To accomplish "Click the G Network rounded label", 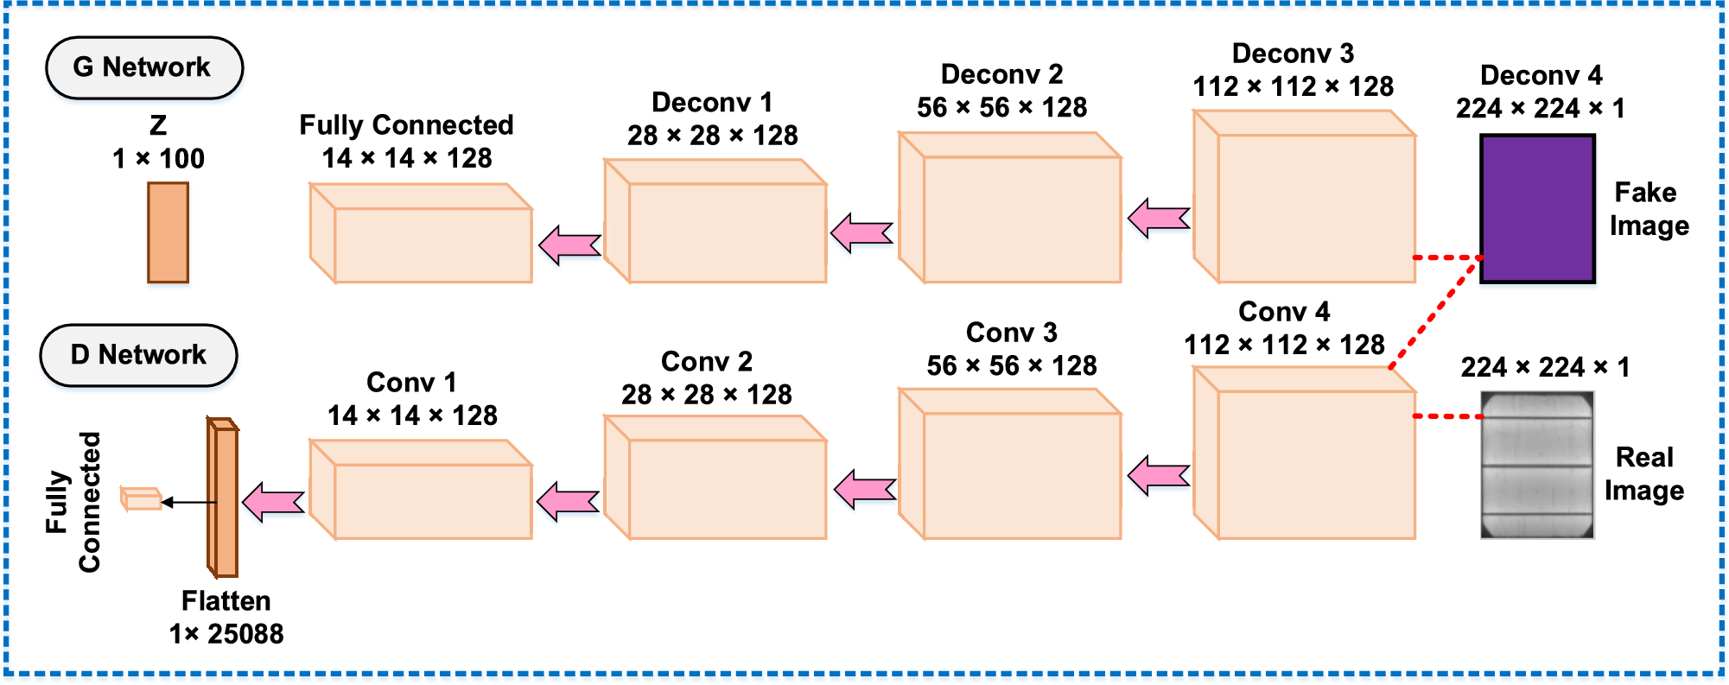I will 143,67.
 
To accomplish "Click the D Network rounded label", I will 138,355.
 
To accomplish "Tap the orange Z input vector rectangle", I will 168,232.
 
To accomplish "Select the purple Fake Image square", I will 1537,208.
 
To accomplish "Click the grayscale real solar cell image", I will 1536,465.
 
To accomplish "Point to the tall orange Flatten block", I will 224,499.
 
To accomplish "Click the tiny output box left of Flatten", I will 141,499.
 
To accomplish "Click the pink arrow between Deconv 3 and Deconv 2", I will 1159,218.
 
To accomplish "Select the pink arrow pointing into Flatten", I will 273,502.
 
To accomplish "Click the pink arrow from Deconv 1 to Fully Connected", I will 569,244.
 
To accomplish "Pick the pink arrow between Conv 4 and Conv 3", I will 1159,475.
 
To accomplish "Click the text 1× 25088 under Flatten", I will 226,634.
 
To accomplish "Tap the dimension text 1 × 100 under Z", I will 159,159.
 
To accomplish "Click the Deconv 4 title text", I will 1541,75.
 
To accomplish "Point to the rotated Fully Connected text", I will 73,502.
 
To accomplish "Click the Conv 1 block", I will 421,491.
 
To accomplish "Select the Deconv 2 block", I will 1010,209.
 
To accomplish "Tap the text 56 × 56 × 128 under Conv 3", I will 1011,365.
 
